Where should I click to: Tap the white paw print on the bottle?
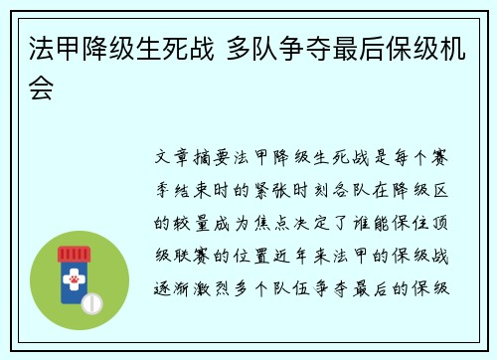[74, 281]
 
